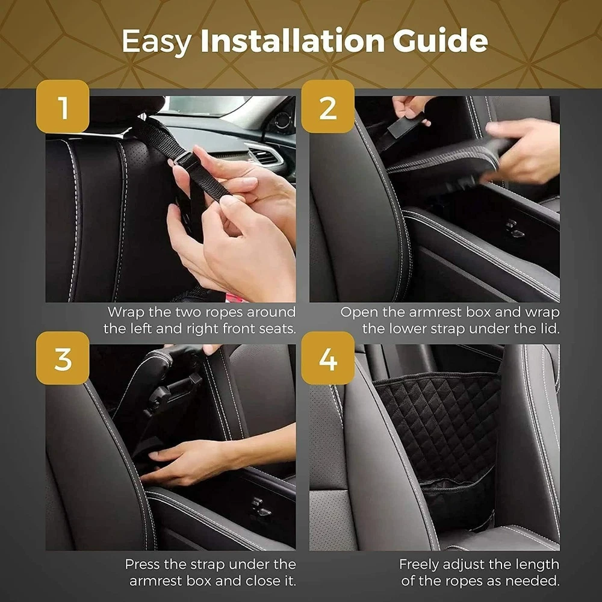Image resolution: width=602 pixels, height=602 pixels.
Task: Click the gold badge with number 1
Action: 63,107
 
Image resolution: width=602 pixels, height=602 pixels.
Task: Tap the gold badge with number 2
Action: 327,107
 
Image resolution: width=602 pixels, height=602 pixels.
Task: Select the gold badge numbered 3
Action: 63,358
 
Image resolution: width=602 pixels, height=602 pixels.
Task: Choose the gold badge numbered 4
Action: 327,358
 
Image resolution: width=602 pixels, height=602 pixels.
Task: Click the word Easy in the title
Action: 157,42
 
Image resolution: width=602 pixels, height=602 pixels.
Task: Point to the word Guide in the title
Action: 440,40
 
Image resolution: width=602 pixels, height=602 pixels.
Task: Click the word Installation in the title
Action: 292,40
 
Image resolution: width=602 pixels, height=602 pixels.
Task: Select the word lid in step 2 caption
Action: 550,329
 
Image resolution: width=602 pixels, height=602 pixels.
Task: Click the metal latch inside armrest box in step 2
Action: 515,228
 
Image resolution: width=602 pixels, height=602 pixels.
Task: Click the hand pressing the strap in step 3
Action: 184,461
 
